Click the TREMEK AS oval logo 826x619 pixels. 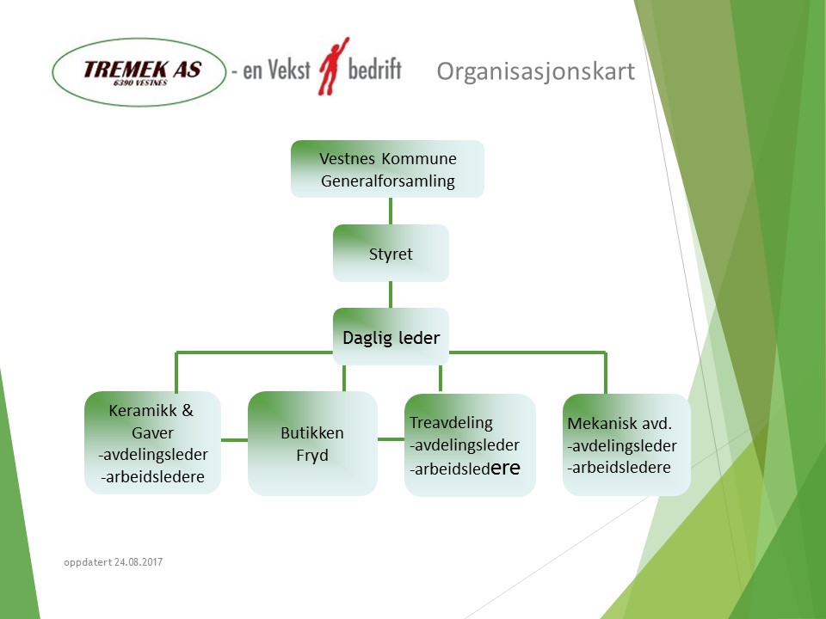(139, 72)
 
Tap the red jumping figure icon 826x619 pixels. (333, 66)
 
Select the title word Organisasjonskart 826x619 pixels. (536, 71)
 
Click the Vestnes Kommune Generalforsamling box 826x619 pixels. (388, 169)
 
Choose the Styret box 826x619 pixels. (391, 253)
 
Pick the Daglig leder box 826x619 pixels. (391, 337)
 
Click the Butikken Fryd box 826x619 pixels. (312, 444)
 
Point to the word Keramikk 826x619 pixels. (144, 411)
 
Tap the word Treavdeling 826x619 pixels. (452, 423)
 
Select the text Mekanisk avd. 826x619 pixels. (619, 423)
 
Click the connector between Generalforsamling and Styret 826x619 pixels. (391, 211)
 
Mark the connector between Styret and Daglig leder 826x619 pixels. (391, 295)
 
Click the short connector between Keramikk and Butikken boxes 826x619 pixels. (234, 440)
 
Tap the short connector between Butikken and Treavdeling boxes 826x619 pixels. (391, 439)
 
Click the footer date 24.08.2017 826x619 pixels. (139, 562)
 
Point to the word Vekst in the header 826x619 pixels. (289, 70)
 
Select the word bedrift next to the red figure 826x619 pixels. (374, 69)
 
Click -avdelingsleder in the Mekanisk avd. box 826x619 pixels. (621, 446)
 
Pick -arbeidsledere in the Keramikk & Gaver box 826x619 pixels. (153, 477)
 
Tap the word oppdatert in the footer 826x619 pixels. (88, 562)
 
